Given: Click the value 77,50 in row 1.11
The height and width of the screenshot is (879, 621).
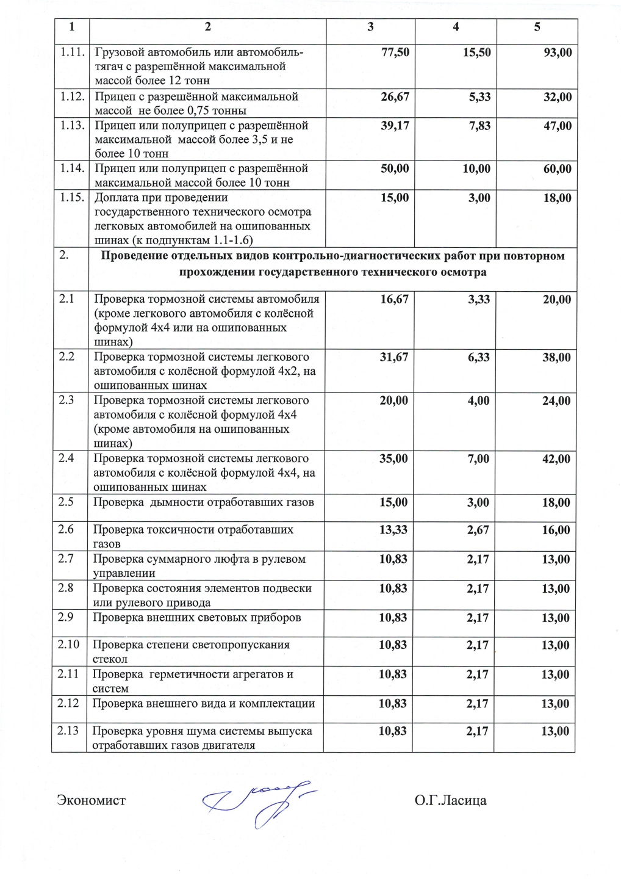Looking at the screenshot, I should click(x=395, y=52).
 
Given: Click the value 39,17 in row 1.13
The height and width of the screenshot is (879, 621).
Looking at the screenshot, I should click(x=395, y=126).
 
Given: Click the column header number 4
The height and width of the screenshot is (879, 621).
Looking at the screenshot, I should click(x=455, y=27).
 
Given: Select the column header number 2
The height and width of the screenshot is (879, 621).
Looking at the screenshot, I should click(x=207, y=27).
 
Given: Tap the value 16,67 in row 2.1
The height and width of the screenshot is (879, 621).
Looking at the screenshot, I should click(x=394, y=299).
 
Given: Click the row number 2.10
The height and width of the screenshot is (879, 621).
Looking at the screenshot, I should click(x=70, y=645).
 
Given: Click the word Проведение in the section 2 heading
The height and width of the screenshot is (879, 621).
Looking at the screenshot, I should click(x=132, y=256).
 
